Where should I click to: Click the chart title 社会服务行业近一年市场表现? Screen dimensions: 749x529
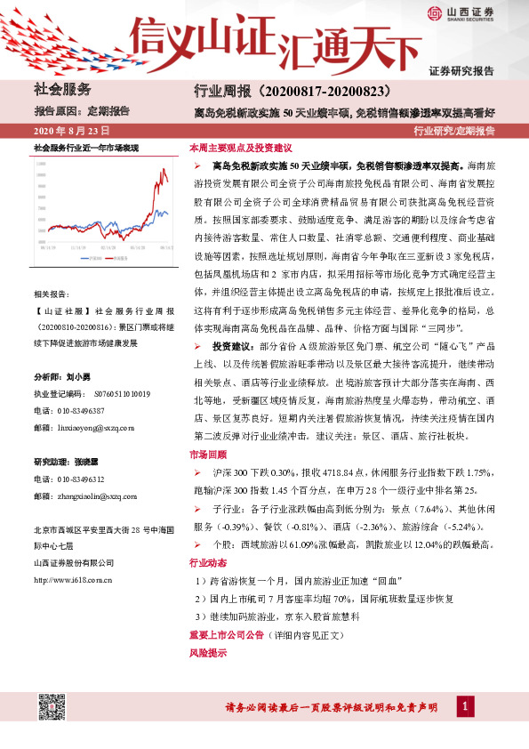click(86, 146)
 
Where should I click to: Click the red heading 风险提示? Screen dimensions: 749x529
click(206, 652)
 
